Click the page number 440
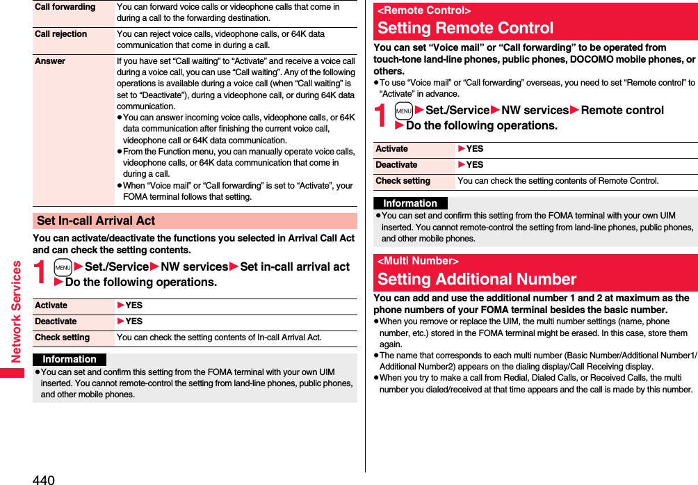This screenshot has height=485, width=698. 43,479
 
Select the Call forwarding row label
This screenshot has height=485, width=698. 65,7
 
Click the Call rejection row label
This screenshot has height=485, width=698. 61,34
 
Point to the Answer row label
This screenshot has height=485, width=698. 50,61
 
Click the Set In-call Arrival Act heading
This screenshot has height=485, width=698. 96,221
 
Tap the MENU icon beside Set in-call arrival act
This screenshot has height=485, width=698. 63,267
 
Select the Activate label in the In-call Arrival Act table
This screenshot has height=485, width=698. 51,305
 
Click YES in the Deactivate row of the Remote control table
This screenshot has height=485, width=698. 474,165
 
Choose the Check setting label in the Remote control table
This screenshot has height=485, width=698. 403,181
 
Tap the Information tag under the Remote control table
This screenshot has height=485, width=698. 410,203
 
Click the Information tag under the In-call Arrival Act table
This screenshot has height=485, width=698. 70,359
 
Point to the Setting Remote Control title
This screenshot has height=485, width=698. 465,29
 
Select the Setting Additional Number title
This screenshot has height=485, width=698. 477,280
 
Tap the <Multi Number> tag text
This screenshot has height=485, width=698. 418,261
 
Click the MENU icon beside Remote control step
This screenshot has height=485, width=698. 403,111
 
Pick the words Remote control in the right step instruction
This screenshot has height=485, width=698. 622,110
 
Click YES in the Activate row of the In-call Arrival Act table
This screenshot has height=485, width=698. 133,305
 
